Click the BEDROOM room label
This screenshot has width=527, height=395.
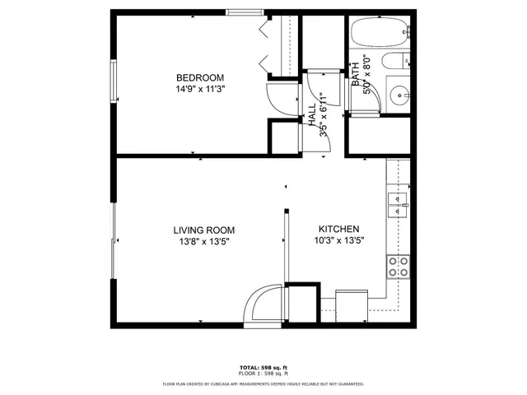click(200, 77)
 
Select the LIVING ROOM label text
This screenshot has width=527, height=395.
click(204, 230)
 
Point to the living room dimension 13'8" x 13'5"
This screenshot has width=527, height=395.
click(204, 241)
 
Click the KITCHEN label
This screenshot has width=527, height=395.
click(339, 230)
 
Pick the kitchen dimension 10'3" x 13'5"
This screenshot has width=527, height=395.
click(339, 241)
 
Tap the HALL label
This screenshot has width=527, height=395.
click(313, 115)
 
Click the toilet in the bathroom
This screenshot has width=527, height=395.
click(397, 60)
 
